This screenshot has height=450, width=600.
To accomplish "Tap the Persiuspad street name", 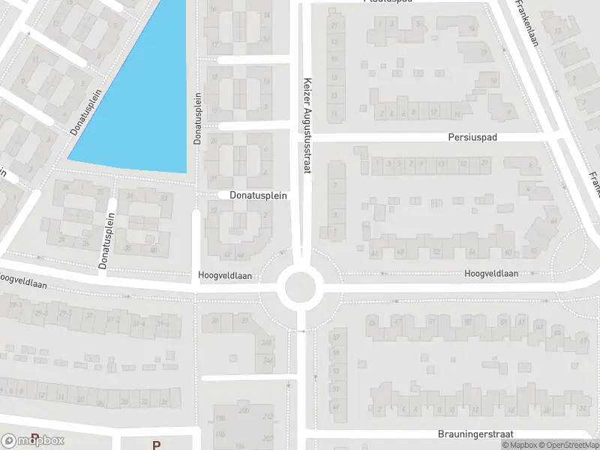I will pyautogui.click(x=472, y=137).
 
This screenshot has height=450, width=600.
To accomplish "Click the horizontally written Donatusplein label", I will pyautogui.click(x=253, y=196).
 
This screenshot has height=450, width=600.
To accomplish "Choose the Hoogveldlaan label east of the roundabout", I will pyautogui.click(x=491, y=274).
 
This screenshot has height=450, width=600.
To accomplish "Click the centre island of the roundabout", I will pyautogui.click(x=300, y=285).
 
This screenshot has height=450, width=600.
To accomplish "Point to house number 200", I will pyautogui.click(x=243, y=411).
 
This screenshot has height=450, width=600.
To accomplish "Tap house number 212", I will pyautogui.click(x=267, y=417).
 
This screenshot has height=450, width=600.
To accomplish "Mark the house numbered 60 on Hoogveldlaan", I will pyautogui.click(x=508, y=252).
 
